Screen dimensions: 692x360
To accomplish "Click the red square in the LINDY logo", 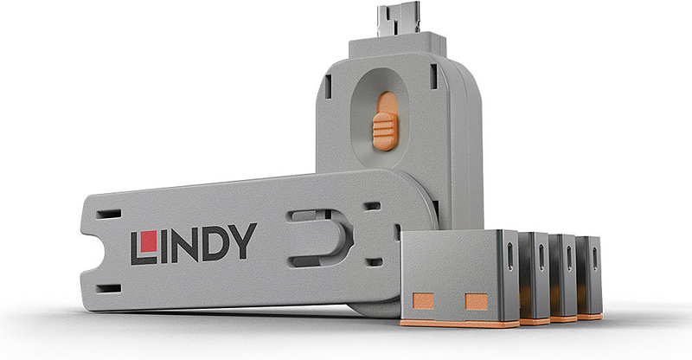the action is pyautogui.click(x=148, y=241).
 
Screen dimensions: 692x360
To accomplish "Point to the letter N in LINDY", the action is pyautogui.click(x=186, y=245).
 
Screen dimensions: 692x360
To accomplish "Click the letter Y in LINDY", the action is pyautogui.click(x=245, y=241).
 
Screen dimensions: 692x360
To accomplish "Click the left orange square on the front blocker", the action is pyautogui.click(x=423, y=301).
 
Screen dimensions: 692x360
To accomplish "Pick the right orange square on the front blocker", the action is pyautogui.click(x=477, y=302).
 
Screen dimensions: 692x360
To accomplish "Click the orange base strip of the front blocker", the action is pyautogui.click(x=459, y=324).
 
